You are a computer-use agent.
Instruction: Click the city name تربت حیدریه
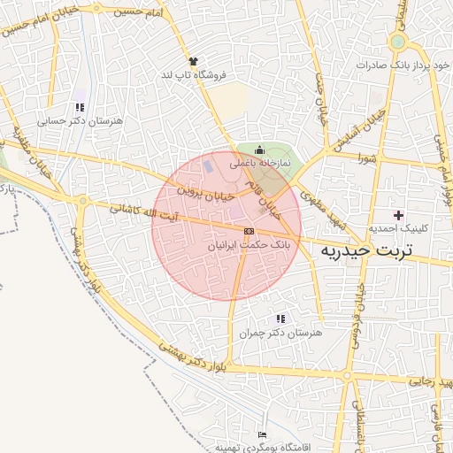click(365, 251)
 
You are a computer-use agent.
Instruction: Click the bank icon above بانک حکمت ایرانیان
click(248, 230)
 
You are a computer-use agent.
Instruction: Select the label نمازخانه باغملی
click(258, 163)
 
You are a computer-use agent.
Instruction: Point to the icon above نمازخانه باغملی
click(258, 150)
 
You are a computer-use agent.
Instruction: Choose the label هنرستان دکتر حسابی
click(82, 119)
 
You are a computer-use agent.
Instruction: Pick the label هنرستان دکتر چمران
click(281, 334)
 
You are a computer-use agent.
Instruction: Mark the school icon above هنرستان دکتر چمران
click(281, 319)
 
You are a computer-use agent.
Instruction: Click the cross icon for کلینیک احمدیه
click(398, 214)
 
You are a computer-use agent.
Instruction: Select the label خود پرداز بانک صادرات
click(398, 65)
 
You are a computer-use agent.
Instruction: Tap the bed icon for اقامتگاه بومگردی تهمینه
click(261, 434)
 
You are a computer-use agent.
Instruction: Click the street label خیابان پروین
click(206, 189)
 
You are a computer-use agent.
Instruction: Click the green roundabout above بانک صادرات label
click(397, 42)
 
